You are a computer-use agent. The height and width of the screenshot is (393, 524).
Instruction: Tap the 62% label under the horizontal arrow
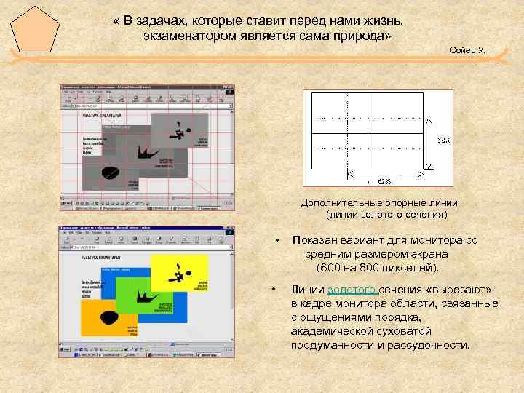[x=385, y=180]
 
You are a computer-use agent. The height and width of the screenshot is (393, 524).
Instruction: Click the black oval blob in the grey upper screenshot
[x=111, y=172]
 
